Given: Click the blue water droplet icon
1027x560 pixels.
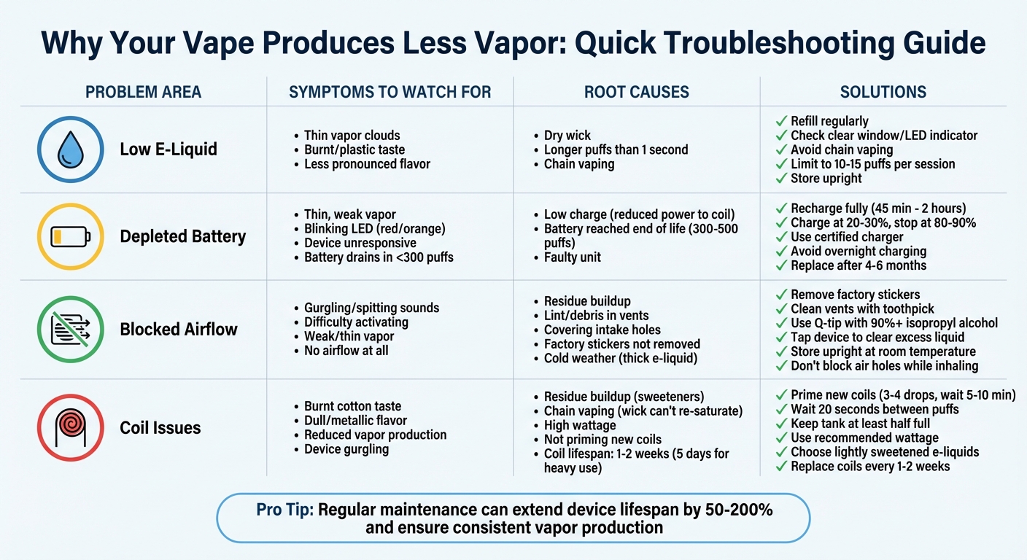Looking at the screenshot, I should tap(70, 149).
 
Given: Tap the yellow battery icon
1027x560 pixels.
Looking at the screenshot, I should tap(70, 236).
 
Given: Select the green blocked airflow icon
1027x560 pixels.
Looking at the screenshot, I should tap(70, 329).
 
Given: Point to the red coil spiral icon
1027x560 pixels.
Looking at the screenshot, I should tap(70, 427).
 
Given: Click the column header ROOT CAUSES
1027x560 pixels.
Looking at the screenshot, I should tap(636, 93).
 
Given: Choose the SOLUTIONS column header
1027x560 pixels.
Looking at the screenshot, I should tap(883, 93).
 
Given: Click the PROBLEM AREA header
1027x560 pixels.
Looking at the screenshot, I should tap(143, 93).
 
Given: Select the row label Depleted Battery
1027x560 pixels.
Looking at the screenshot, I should tap(182, 236).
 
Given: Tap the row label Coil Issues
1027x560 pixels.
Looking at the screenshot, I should tap(160, 427).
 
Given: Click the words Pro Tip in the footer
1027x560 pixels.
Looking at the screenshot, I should tap(284, 510).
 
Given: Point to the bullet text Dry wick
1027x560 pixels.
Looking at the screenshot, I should tap(567, 136).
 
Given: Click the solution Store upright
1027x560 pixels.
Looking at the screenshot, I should tap(826, 179).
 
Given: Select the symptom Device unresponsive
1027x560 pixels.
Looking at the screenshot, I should tap(360, 243).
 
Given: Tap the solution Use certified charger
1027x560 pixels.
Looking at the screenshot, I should tap(847, 237).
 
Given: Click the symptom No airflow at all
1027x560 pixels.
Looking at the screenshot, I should tap(346, 351).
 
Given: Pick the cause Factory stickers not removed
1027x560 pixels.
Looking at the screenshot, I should tap(621, 344).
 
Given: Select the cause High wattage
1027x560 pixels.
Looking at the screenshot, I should tap(580, 425).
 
